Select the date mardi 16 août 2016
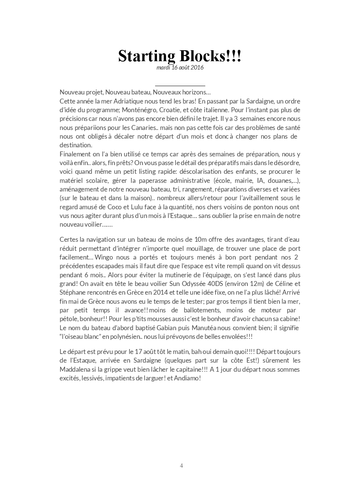tap(180, 68)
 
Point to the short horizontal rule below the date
tap(180, 86)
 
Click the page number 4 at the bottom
tap(182, 465)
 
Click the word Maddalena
tap(75, 369)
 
